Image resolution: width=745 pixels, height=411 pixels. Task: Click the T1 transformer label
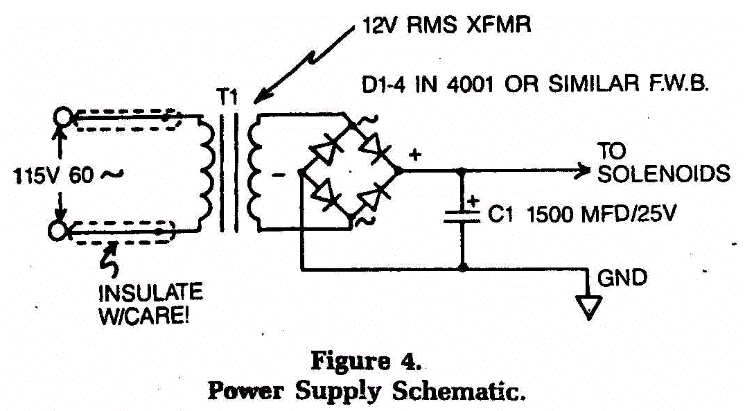point(227,98)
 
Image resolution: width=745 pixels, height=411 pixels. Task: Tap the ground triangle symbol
point(589,307)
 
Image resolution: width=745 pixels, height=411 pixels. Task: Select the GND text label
point(622,277)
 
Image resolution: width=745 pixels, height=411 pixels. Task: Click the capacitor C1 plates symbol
point(462,217)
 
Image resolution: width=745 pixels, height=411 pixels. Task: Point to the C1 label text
point(501,215)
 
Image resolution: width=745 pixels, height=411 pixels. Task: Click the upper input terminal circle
point(62,116)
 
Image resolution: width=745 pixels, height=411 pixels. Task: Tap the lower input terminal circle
point(58,230)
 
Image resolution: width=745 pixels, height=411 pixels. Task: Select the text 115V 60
point(54,176)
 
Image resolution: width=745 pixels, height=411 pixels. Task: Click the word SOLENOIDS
point(664,174)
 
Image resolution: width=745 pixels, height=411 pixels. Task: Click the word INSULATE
point(150,292)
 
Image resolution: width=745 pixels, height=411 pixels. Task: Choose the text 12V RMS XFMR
point(446,25)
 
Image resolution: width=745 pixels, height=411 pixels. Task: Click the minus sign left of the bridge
point(279,175)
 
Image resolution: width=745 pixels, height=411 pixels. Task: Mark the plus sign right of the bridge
point(415,155)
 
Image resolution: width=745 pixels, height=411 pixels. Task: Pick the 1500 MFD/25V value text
point(601,215)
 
